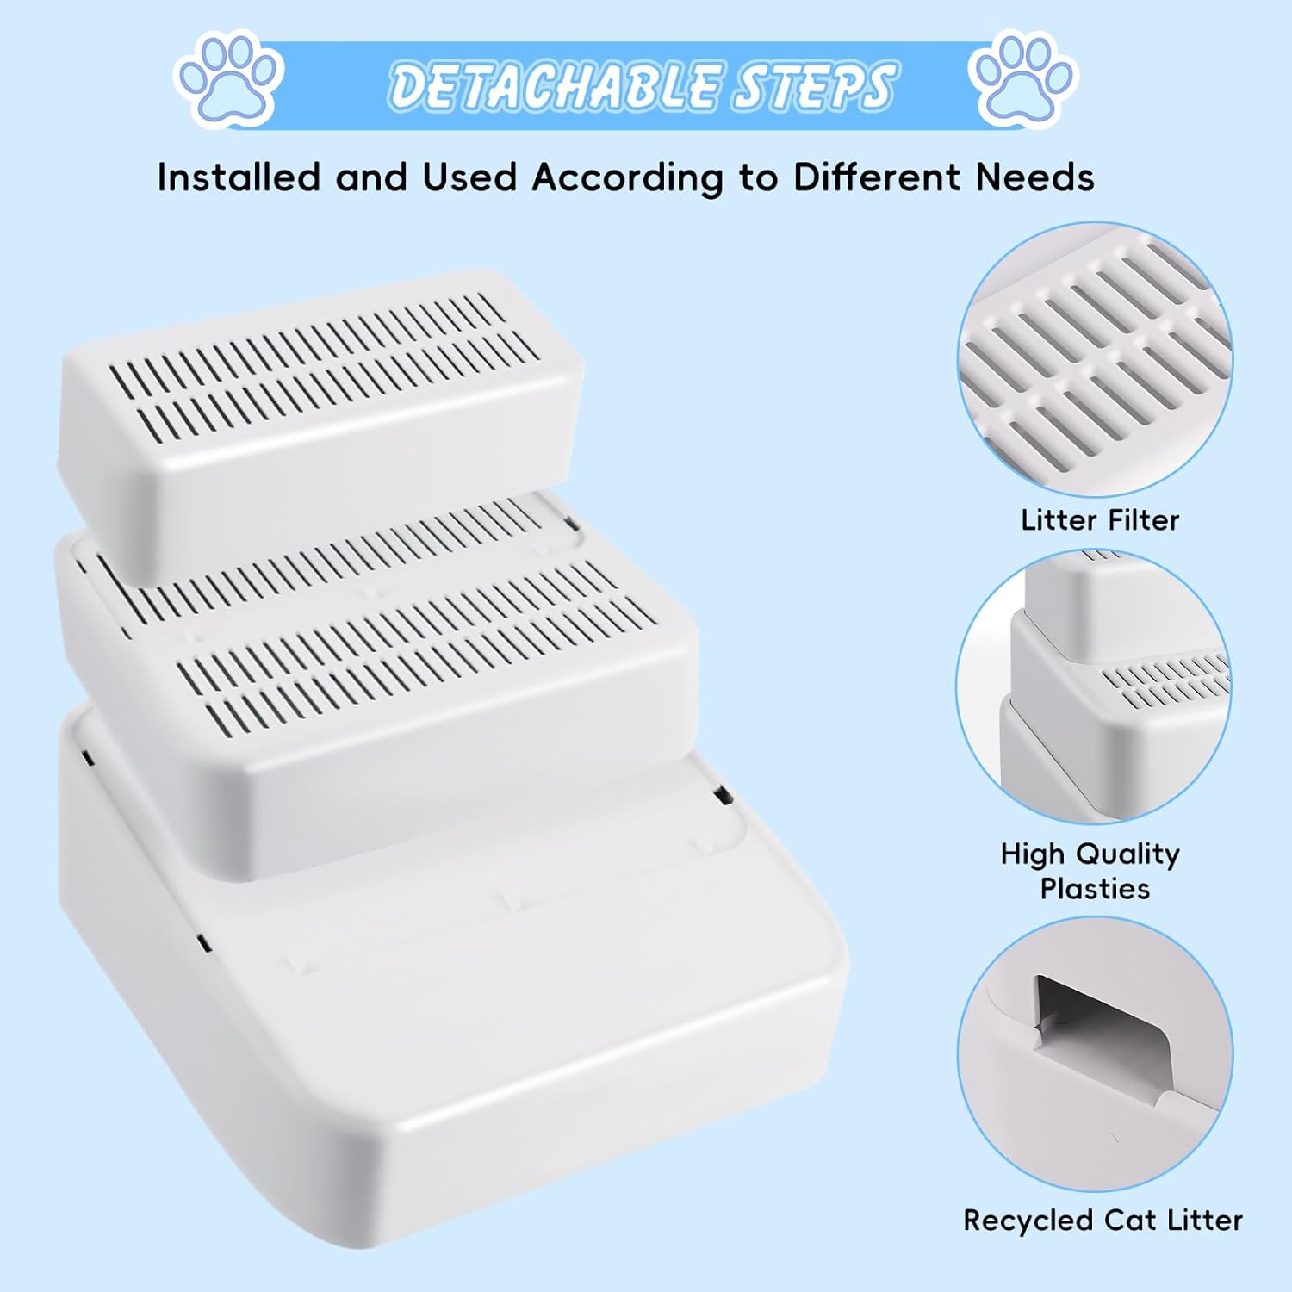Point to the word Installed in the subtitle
[240, 177]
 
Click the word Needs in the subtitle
[1034, 177]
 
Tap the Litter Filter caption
[1100, 520]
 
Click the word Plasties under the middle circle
[1095, 888]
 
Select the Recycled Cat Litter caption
[1103, 1220]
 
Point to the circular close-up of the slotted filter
[1096, 359]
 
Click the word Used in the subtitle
[469, 177]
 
